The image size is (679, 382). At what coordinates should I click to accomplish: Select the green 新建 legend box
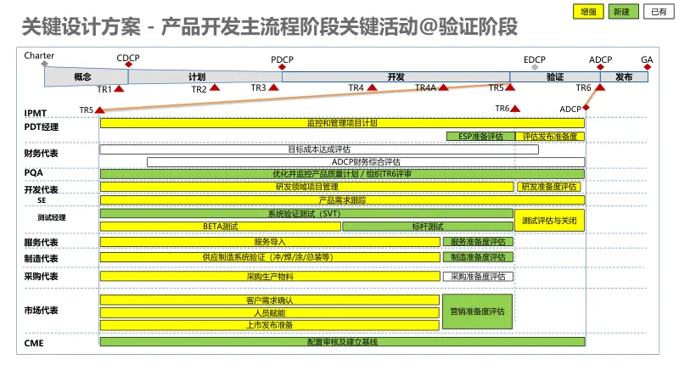point(622,11)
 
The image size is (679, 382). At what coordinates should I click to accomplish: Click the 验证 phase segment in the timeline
point(555,76)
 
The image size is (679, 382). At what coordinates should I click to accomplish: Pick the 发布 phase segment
point(624,76)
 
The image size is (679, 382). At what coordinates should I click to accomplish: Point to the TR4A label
point(425,88)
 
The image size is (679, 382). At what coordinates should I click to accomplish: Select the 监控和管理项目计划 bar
point(342,123)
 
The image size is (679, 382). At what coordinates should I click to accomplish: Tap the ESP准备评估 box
point(480,136)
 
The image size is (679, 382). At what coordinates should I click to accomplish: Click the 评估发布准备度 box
point(549,136)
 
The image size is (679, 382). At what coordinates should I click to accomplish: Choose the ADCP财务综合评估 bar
point(366,161)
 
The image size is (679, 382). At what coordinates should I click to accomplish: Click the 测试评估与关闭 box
point(549,221)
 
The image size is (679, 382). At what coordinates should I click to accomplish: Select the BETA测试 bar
point(220,227)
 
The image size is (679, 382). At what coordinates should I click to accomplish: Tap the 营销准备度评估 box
point(478,311)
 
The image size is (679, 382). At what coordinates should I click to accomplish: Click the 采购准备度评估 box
point(478,276)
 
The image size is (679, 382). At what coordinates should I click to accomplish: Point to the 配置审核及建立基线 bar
point(342,341)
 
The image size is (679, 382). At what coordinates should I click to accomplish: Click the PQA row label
point(33,172)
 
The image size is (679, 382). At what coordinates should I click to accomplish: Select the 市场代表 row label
point(41,311)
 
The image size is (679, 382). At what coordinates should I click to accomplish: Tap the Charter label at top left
point(40,56)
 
